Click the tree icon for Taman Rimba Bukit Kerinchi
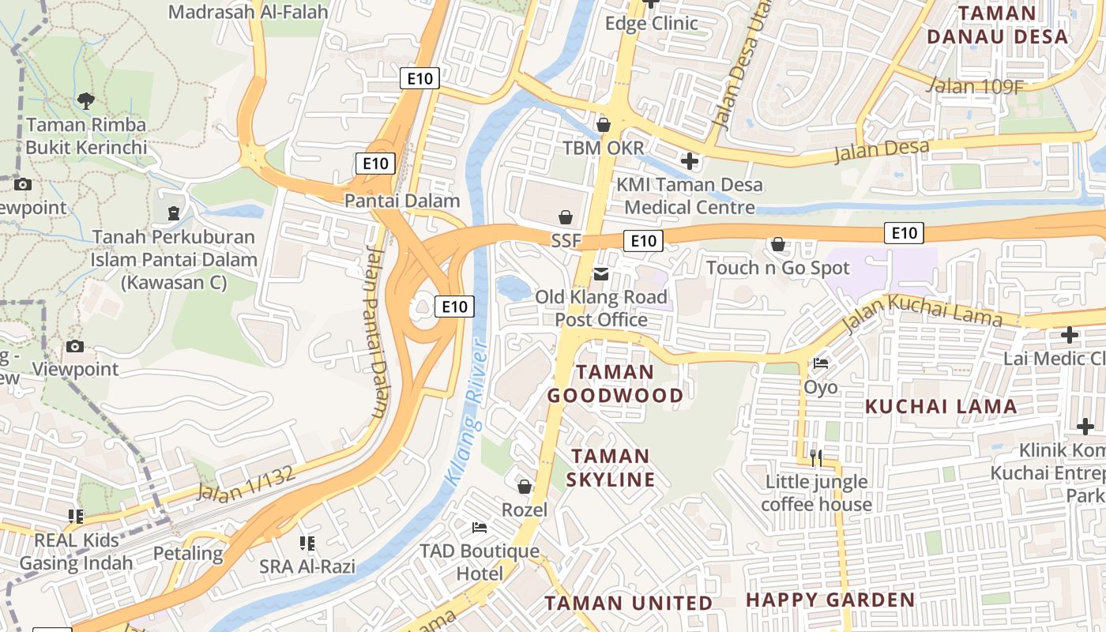86,100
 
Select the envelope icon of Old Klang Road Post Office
602,274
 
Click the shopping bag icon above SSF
566,216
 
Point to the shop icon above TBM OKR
604,124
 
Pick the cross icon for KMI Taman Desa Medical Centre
690,161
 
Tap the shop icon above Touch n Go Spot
778,244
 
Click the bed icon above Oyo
821,363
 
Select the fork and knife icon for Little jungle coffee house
816,457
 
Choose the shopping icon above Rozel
524,486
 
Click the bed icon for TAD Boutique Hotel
480,527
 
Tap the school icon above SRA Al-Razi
307,543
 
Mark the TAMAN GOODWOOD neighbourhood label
615,384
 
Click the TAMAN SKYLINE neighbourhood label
612,468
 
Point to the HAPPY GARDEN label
830,600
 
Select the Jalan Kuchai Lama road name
922,311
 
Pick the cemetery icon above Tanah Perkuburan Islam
173,213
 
